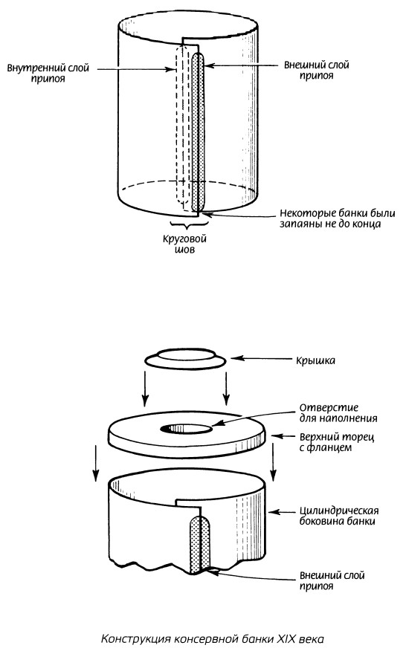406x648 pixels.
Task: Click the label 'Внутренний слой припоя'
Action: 48,73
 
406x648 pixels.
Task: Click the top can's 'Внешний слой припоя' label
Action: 316,71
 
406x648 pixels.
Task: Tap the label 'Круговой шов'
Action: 184,244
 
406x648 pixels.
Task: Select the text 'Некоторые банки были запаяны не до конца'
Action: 338,218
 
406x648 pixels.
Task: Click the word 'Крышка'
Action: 315,360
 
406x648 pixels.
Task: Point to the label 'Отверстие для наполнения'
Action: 338,413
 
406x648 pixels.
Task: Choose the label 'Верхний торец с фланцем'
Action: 337,441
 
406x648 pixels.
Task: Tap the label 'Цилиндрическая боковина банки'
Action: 339,516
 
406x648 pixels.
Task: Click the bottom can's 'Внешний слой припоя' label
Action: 332,580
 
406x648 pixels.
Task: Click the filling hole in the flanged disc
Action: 187,429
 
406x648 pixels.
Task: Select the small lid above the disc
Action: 185,358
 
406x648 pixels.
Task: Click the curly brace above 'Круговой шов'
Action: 189,225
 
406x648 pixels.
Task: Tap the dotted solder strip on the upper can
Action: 199,132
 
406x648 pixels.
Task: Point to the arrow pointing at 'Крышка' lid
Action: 261,359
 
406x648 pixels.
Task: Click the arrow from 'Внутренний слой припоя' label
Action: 136,69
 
